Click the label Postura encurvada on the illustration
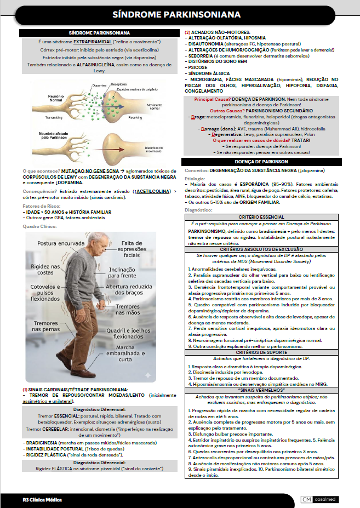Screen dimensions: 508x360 pos(61,243)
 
